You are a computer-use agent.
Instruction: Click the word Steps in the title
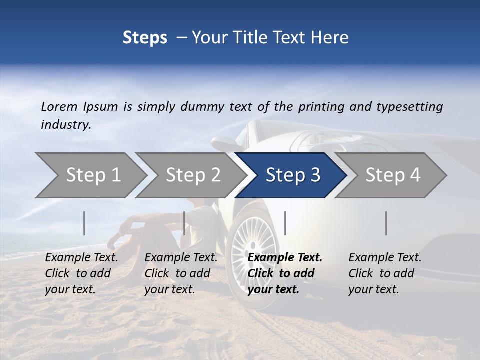[145, 38]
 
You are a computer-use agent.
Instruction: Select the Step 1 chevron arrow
[93, 175]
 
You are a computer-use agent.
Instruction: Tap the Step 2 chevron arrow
[193, 175]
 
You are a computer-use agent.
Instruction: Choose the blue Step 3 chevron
[292, 175]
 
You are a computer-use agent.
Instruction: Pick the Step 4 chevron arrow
[392, 175]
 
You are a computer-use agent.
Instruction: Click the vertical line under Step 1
[84, 223]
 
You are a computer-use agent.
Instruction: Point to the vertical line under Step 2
[184, 223]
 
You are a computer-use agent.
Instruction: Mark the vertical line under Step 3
[285, 223]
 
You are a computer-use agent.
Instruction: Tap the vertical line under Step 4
[386, 223]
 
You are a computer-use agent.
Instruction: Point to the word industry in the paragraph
[66, 125]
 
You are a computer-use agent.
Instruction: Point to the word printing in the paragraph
[323, 106]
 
